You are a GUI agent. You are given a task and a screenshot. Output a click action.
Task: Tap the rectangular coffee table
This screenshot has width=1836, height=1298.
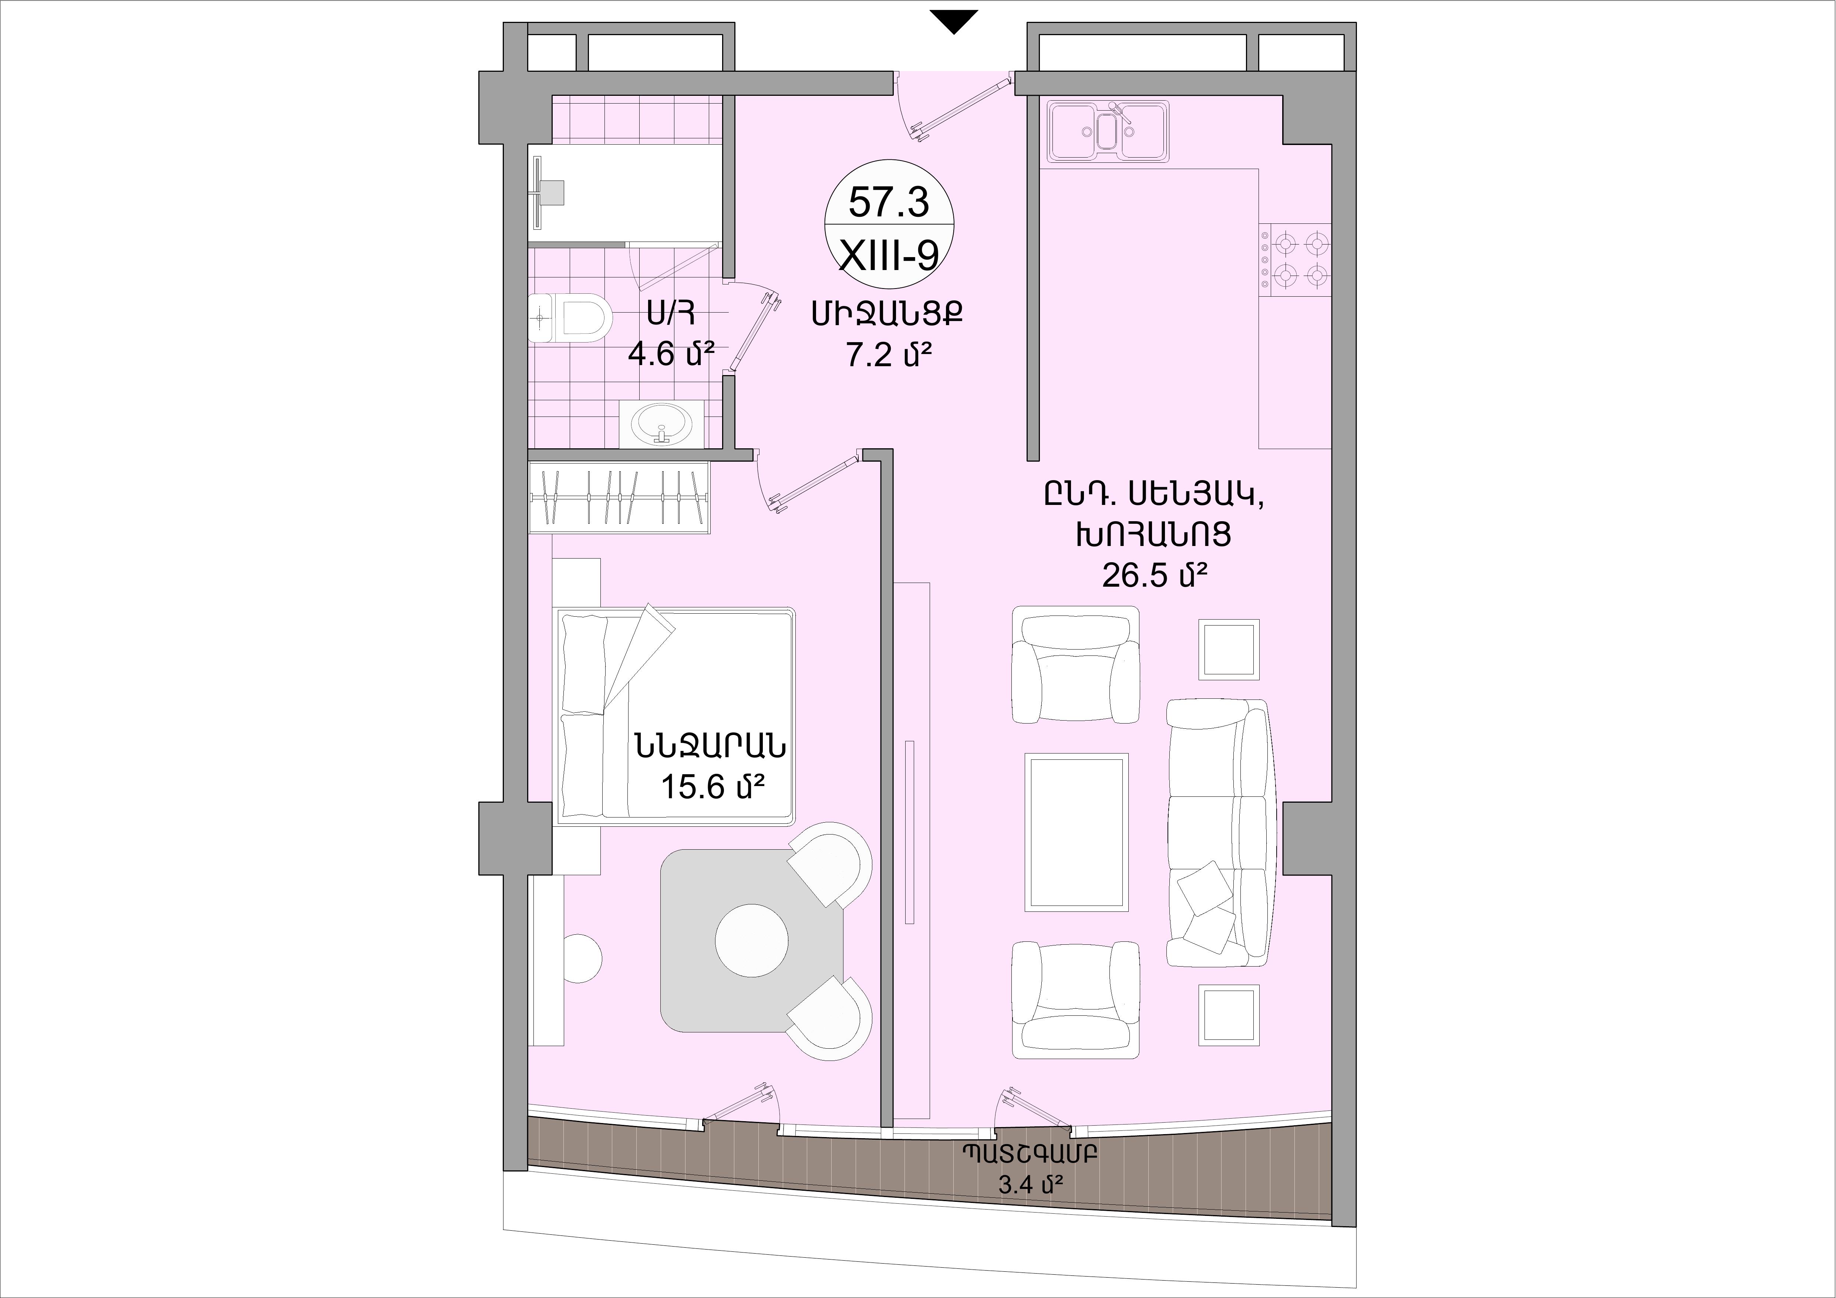(1076, 832)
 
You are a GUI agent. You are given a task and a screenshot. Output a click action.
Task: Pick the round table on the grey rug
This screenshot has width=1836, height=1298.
(752, 940)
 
